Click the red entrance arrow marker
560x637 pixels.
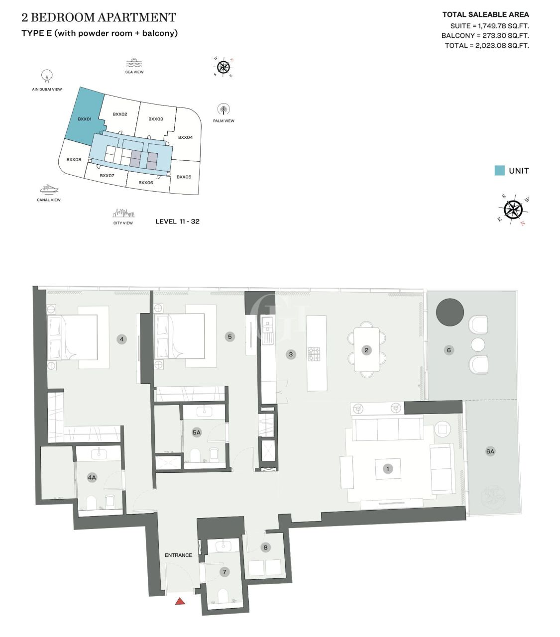[180, 601]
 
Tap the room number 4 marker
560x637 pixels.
[121, 339]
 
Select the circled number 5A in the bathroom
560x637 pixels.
[197, 432]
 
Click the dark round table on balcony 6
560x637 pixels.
[449, 312]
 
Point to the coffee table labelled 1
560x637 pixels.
[388, 468]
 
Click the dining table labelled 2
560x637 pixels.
[366, 350]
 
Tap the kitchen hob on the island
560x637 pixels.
[314, 354]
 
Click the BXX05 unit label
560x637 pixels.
[184, 177]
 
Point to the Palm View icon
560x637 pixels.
[224, 109]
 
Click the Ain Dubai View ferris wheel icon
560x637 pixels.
[47, 76]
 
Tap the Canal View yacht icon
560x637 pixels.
[49, 189]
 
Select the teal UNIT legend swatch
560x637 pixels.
[499, 171]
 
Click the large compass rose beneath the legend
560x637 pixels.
[513, 210]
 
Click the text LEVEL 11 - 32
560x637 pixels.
[177, 221]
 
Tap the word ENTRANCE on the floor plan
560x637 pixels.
[178, 555]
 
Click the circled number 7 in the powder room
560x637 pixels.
[224, 572]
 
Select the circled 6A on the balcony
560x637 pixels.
[490, 451]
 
